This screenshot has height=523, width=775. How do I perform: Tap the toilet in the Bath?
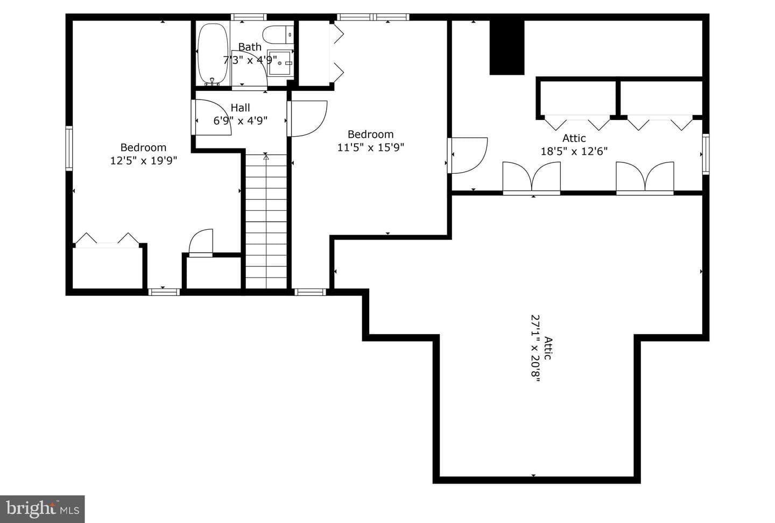pyautogui.click(x=278, y=34)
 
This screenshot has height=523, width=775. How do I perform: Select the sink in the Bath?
pyautogui.click(x=280, y=62)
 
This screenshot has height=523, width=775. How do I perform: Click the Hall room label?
pyautogui.click(x=240, y=108)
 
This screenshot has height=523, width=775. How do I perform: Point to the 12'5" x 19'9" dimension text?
pyautogui.click(x=144, y=160)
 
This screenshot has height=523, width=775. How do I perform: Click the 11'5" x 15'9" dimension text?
pyautogui.click(x=370, y=147)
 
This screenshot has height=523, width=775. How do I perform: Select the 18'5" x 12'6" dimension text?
pyautogui.click(x=574, y=151)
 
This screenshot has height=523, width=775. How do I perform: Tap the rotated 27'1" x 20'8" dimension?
pyautogui.click(x=536, y=348)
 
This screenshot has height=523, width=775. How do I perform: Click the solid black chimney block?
pyautogui.click(x=507, y=47)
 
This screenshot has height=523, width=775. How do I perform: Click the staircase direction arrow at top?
pyautogui.click(x=266, y=157)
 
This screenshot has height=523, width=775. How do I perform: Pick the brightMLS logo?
pyautogui.click(x=42, y=509)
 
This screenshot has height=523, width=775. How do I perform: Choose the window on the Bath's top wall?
pyautogui.click(x=249, y=17)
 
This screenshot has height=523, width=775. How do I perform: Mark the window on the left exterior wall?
pyautogui.click(x=69, y=148)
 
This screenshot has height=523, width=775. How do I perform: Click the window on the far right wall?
pyautogui.click(x=706, y=154)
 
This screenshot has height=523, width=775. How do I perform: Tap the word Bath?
pyautogui.click(x=250, y=47)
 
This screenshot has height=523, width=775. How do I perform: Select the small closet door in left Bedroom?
pyautogui.click(x=201, y=242)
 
